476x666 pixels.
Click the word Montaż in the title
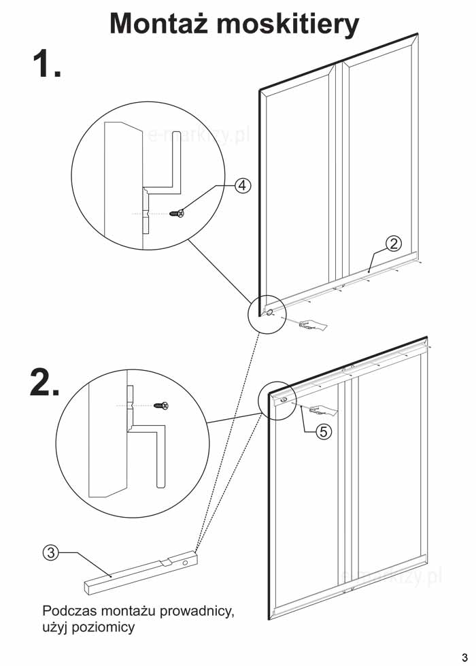pos(160,24)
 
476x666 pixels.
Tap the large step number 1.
pos(46,65)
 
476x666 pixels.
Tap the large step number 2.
pos(44,383)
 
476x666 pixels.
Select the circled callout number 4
pos(243,185)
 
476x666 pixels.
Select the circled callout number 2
pos(393,243)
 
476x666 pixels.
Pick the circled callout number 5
pos(324,431)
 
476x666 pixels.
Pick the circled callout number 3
pos(50,552)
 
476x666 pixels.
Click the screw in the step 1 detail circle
pos(178,214)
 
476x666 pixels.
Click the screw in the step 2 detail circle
pos(161,406)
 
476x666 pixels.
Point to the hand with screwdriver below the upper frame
pos(312,325)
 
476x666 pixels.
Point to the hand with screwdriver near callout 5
pos(323,410)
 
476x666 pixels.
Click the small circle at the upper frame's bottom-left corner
pos(269,313)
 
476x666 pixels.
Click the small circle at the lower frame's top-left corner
pos(283,401)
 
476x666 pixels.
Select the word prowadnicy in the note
pos(200,611)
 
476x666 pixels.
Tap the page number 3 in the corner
pos(464,648)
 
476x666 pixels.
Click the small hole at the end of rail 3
pos(185,562)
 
